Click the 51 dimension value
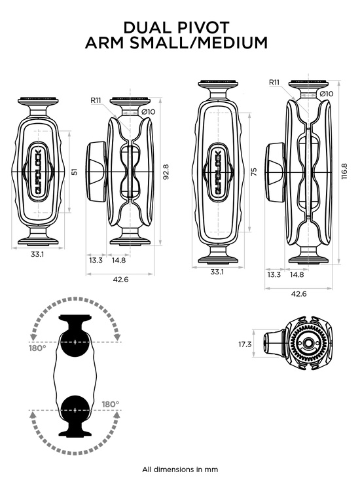click(x=74, y=172)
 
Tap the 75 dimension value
click(x=253, y=171)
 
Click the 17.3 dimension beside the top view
click(x=245, y=344)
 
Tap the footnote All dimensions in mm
click(x=180, y=469)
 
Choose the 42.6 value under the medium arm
click(x=300, y=294)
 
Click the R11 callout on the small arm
click(x=96, y=100)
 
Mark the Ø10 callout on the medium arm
click(x=327, y=94)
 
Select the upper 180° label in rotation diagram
click(x=37, y=348)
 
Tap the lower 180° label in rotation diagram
click(x=110, y=404)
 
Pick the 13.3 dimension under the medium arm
click(x=274, y=274)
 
